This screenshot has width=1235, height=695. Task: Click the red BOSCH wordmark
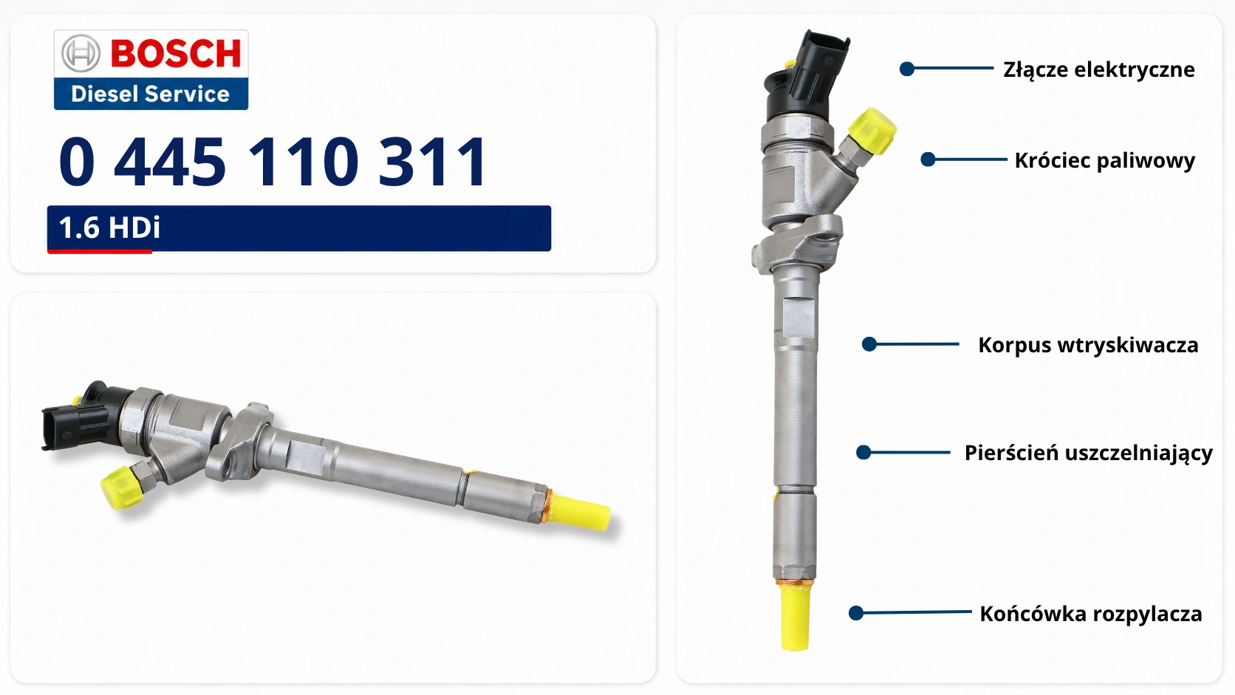tap(176, 53)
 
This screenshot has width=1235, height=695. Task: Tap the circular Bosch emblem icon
tap(81, 53)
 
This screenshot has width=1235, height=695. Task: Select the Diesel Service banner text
tap(151, 94)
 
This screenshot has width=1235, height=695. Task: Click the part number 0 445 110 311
tap(273, 162)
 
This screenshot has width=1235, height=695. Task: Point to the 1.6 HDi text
tap(109, 227)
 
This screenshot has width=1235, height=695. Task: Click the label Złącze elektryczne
tap(1099, 70)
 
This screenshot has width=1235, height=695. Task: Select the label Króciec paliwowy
tap(1104, 161)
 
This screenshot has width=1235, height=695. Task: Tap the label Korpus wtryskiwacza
tap(1088, 346)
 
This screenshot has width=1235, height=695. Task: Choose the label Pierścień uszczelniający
tap(1088, 453)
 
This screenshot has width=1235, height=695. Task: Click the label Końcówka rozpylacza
tap(1090, 614)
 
